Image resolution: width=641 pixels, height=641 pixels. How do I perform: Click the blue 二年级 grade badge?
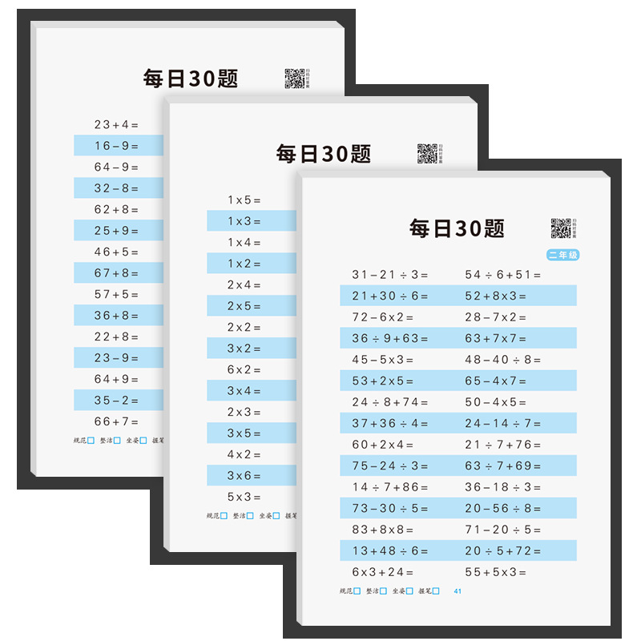pyautogui.click(x=562, y=256)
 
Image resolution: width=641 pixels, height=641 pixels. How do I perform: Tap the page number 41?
pyautogui.click(x=458, y=591)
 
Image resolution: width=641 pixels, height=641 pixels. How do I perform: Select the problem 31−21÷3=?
pyautogui.click(x=390, y=275)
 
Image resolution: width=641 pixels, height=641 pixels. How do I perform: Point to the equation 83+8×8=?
pyautogui.click(x=383, y=530)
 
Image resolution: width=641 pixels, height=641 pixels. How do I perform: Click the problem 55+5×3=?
pyautogui.click(x=496, y=572)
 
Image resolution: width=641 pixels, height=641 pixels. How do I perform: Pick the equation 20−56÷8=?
pyautogui.click(x=503, y=508)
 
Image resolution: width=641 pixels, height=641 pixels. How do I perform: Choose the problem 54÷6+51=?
pyautogui.click(x=503, y=275)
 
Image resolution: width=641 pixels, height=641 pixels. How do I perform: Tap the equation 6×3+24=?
pyautogui.click(x=383, y=572)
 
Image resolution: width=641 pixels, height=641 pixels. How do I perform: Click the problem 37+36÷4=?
pyautogui.click(x=390, y=423)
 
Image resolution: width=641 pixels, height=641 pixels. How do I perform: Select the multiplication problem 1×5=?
pyautogui.click(x=244, y=200)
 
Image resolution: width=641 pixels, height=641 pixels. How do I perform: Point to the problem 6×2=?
pyautogui.click(x=244, y=369)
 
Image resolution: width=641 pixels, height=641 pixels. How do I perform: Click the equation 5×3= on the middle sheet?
pyautogui.click(x=244, y=497)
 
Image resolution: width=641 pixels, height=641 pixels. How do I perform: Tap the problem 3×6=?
pyautogui.click(x=244, y=476)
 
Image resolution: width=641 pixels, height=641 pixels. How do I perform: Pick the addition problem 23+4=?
pyautogui.click(x=116, y=124)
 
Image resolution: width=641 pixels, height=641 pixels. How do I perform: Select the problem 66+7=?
pyautogui.click(x=116, y=421)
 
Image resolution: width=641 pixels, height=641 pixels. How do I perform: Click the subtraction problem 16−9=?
pyautogui.click(x=116, y=146)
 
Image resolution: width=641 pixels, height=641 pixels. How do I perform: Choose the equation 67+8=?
pyautogui.click(x=116, y=273)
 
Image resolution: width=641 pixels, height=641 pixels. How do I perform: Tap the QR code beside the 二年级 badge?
pyautogui.click(x=560, y=228)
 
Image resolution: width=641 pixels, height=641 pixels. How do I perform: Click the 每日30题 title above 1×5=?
pyautogui.click(x=324, y=154)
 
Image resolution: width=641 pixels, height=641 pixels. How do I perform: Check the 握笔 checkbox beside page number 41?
pyautogui.click(x=436, y=591)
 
